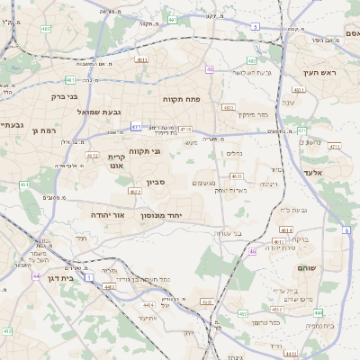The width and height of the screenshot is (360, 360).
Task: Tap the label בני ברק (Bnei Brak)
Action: pos(65,94)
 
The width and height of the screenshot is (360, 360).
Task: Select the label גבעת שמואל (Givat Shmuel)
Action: pos(87,112)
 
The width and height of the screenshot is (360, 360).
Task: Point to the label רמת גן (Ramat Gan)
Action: pos(42,130)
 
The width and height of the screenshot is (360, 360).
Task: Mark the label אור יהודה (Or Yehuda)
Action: pos(107,216)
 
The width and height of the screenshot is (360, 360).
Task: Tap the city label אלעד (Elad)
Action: pos(312,171)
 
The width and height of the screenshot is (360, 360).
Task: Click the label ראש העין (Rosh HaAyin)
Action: pos(319,72)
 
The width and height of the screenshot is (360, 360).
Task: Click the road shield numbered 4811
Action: pos(141,60)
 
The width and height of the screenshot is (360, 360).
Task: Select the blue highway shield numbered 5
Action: pos(256,27)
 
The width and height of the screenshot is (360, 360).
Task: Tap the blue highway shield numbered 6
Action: pos(346,230)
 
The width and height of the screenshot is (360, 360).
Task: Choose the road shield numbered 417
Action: pos(6,331)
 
